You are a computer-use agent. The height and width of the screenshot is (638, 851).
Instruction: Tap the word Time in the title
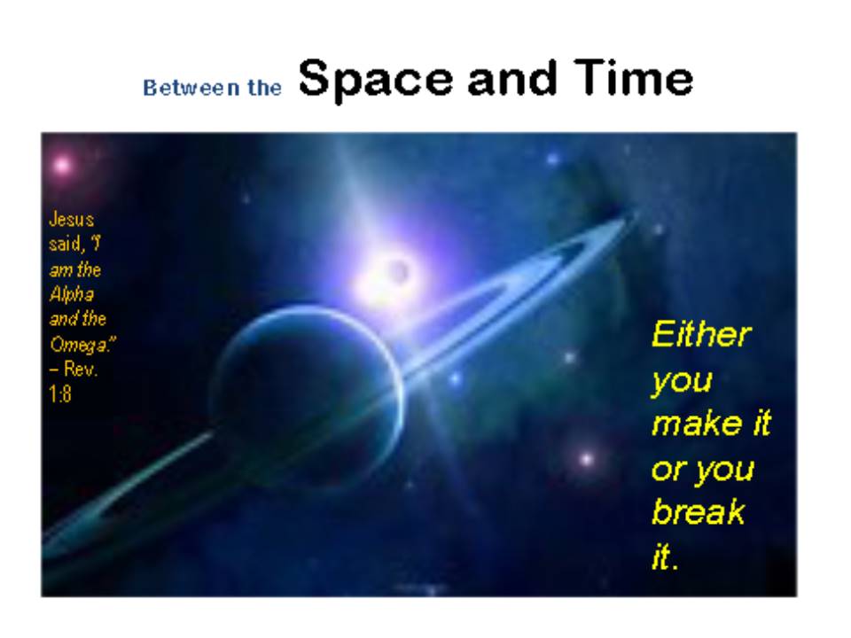pyautogui.click(x=633, y=77)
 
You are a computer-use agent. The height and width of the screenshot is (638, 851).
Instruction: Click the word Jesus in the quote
pyautogui.click(x=71, y=219)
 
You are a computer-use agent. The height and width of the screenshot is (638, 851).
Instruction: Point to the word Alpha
pyautogui.click(x=72, y=294)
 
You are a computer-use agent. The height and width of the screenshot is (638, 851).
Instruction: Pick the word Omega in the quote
pyautogui.click(x=81, y=344)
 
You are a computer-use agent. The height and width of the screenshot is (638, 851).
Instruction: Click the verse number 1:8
pyautogui.click(x=60, y=393)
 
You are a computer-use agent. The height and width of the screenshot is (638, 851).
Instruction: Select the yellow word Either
pyautogui.click(x=701, y=334)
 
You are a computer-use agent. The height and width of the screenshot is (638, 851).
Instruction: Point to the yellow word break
pyautogui.click(x=698, y=511)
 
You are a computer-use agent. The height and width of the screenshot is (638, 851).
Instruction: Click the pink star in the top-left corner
pyautogui.click(x=62, y=165)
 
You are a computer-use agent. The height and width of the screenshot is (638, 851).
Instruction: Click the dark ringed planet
pyautogui.click(x=308, y=395)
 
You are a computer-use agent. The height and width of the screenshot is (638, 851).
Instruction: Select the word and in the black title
pyautogui.click(x=512, y=78)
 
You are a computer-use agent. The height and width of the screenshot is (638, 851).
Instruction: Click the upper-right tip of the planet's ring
pyautogui.click(x=633, y=214)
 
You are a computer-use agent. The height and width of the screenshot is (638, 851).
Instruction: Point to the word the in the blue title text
pyautogui.click(x=265, y=88)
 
